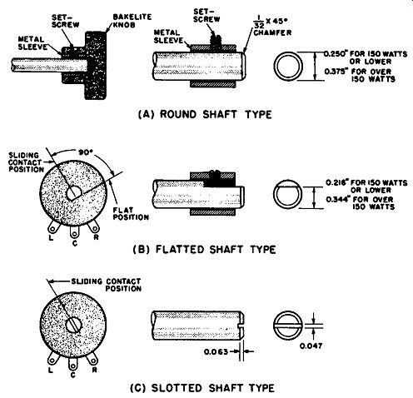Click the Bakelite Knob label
pos(132,21)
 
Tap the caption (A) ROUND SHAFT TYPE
pos(205,114)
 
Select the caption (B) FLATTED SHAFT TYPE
pos(205,249)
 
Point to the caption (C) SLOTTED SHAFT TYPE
pos(202,387)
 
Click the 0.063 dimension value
pos(216,351)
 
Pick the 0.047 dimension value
pos(311,346)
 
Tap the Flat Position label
pos(131,213)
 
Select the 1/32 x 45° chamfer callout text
pos(272,26)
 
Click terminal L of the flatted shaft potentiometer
pos(52,227)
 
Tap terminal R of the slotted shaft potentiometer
pos(92,360)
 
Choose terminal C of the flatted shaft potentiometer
pos(74,231)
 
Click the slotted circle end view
pos(287,326)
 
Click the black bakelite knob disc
pos(96,66)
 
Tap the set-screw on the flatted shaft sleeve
pos(214,175)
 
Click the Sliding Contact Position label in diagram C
pos(107,285)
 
